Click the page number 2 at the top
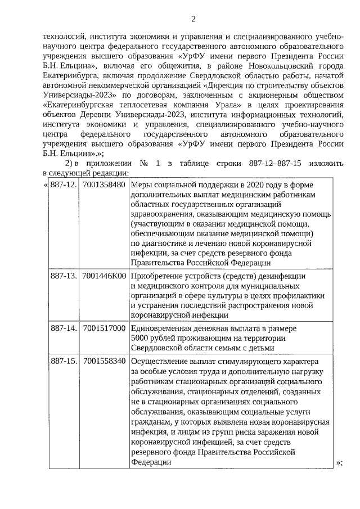[x=193, y=19]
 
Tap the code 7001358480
[x=103, y=185]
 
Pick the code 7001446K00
[x=103, y=277]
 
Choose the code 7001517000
[x=103, y=328]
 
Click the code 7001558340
[x=103, y=361]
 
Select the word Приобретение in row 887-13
[x=159, y=277]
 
